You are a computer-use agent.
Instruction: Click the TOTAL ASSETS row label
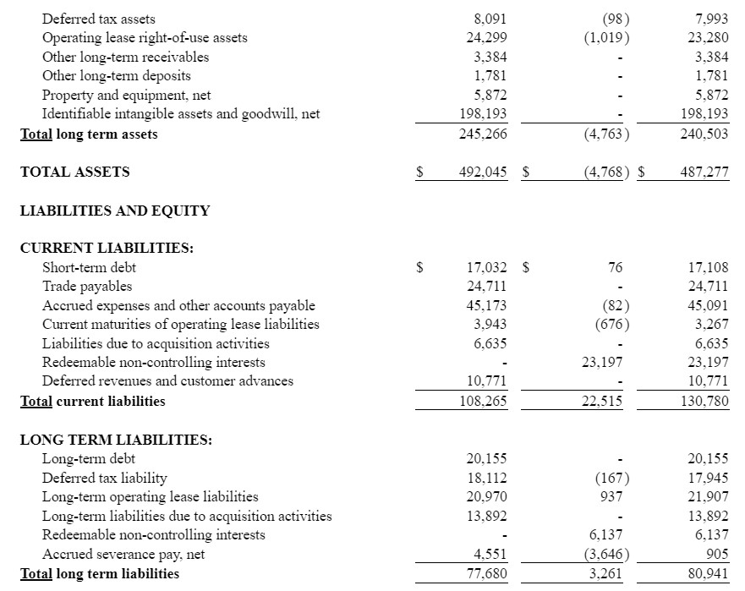click(75, 172)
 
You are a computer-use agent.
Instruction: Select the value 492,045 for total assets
click(483, 172)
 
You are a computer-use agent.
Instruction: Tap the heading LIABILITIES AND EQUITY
click(115, 211)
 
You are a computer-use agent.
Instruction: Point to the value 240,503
click(704, 134)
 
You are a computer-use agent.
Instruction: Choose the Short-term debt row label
click(89, 267)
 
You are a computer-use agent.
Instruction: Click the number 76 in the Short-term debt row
click(615, 267)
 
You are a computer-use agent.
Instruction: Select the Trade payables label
click(87, 286)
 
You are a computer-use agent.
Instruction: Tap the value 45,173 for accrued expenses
click(487, 305)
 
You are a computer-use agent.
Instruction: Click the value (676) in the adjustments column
click(611, 324)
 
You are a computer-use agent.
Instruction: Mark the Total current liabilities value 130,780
click(704, 401)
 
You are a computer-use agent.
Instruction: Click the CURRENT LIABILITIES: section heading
click(107, 248)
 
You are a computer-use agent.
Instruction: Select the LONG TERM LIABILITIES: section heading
click(116, 440)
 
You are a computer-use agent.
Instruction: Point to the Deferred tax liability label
click(105, 478)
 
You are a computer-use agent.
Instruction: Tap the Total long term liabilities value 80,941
click(708, 573)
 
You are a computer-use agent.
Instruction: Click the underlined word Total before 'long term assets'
click(36, 134)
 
